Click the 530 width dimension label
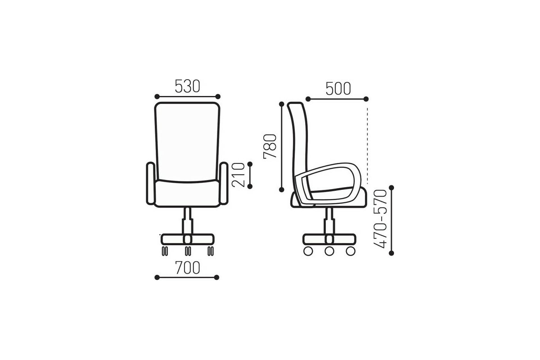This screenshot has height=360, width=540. pyautogui.click(x=187, y=86)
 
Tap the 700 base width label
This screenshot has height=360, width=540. pyautogui.click(x=188, y=268)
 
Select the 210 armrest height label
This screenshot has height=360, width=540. pyautogui.click(x=238, y=175)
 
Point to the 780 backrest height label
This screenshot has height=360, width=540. pyautogui.click(x=270, y=146)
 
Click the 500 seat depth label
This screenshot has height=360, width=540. pyautogui.click(x=338, y=89)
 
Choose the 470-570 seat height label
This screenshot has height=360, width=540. pyautogui.click(x=380, y=219)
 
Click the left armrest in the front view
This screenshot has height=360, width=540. pyautogui.click(x=151, y=184)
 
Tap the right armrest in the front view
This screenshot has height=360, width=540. pyautogui.click(x=224, y=184)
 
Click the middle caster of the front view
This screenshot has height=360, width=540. pyautogui.click(x=188, y=251)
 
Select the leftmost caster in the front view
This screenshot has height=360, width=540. pyautogui.click(x=165, y=251)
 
